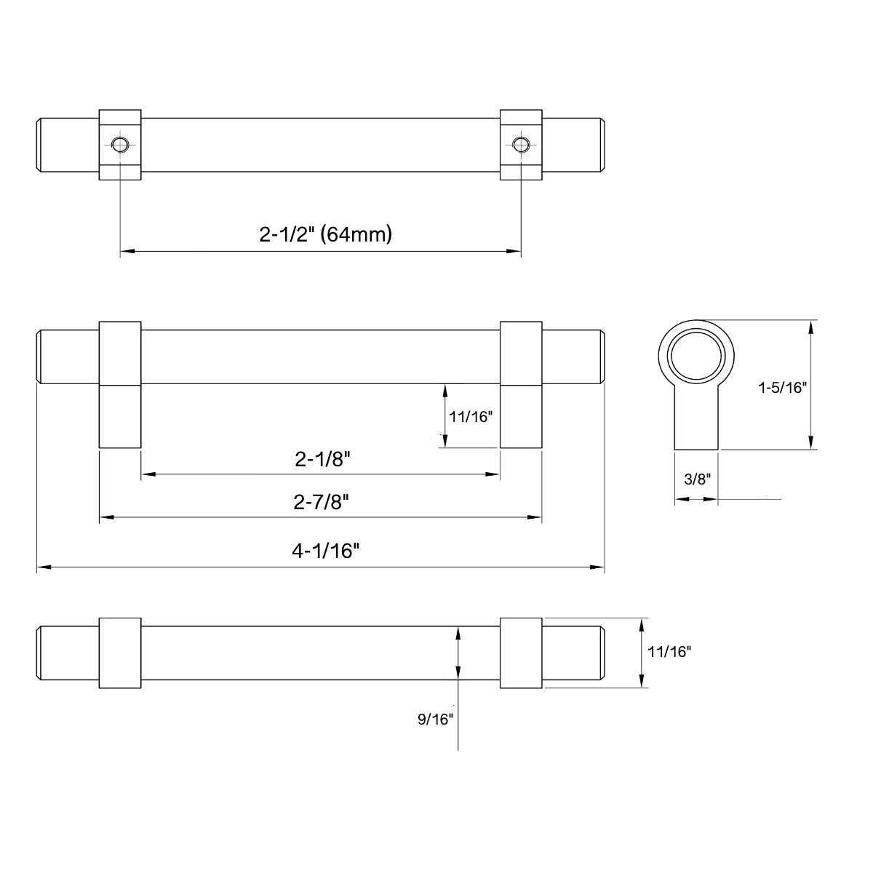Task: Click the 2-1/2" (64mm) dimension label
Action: [325, 234]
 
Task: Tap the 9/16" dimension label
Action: [436, 719]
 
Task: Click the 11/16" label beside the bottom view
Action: [669, 652]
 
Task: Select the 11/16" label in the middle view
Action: [471, 417]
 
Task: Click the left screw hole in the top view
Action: [120, 143]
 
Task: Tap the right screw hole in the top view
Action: [520, 143]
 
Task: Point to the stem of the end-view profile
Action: [697, 422]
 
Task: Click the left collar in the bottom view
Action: [120, 653]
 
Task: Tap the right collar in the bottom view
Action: [520, 653]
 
